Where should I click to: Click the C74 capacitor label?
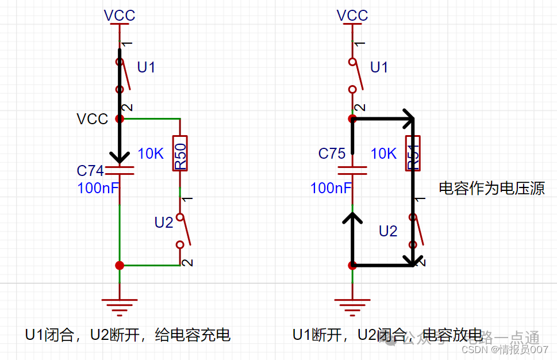tap(90, 171)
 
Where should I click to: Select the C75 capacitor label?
tap(332, 154)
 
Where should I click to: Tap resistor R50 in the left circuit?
tap(180, 154)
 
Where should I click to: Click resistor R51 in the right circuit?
tap(413, 154)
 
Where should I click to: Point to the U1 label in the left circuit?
tap(146, 68)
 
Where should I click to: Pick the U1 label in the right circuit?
tap(379, 68)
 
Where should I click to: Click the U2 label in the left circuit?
tap(164, 223)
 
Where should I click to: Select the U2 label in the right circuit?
tap(388, 231)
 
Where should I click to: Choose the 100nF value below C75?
tap(331, 187)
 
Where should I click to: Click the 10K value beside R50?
tap(151, 154)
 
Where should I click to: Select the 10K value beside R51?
tap(383, 154)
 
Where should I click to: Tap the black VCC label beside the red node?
tap(92, 119)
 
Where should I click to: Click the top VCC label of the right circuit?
tap(352, 16)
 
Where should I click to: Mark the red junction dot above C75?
tap(352, 119)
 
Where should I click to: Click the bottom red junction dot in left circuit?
tap(120, 265)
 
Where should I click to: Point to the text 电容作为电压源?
tap(491, 188)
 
